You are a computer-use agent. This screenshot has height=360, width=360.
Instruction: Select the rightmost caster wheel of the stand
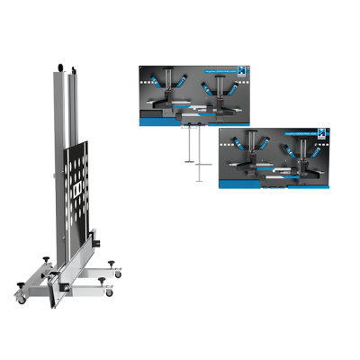tap(110, 292)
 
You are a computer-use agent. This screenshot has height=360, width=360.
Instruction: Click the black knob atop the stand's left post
tap(59, 67)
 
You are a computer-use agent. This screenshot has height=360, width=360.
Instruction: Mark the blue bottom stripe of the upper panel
tap(193, 122)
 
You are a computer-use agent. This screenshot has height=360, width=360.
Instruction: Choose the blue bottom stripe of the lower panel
tap(274, 187)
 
